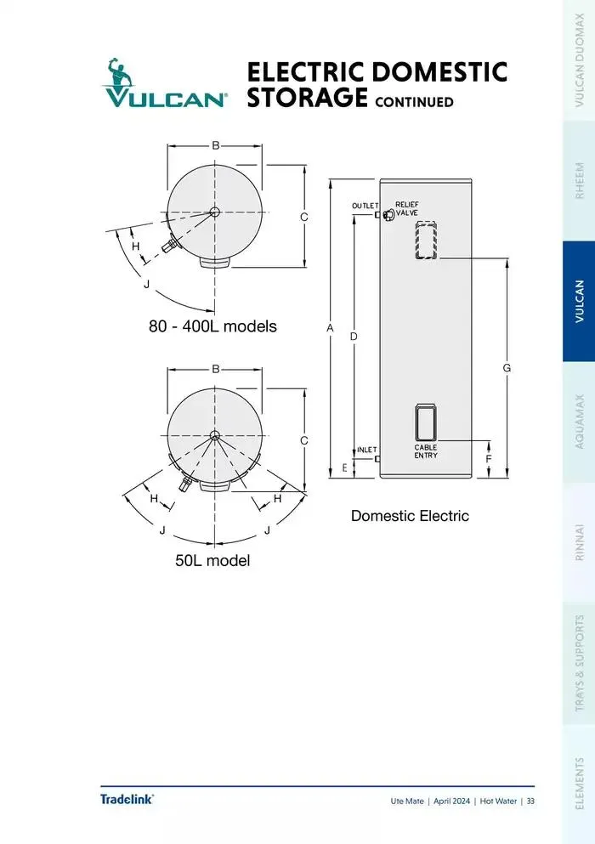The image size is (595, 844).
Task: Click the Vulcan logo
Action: tap(164, 83)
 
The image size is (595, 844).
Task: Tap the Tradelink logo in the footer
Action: tap(127, 799)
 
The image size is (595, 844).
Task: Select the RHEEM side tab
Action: tap(579, 180)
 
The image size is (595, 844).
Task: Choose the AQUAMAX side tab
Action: tap(579, 422)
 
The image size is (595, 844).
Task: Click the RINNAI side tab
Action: tap(579, 542)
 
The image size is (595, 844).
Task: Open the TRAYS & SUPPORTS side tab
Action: tap(579, 663)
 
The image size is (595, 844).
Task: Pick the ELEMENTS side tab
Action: tap(579, 783)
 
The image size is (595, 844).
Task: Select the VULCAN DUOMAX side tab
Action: tap(579, 59)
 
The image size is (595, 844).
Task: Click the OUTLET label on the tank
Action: tap(365, 206)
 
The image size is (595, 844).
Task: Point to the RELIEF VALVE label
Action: tap(406, 208)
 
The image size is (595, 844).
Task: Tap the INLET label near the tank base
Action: tap(366, 450)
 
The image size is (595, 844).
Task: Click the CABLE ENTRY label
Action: tap(426, 451)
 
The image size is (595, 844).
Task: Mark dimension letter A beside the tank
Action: tap(330, 328)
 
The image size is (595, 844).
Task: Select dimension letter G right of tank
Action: tap(507, 368)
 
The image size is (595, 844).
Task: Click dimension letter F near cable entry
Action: tap(489, 459)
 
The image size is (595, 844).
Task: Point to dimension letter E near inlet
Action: tap(344, 467)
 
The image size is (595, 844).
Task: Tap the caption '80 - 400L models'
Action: tap(212, 326)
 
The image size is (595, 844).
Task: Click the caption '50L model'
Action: tap(212, 560)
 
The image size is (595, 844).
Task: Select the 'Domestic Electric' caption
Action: tap(410, 516)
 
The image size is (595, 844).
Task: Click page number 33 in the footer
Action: tap(530, 801)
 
